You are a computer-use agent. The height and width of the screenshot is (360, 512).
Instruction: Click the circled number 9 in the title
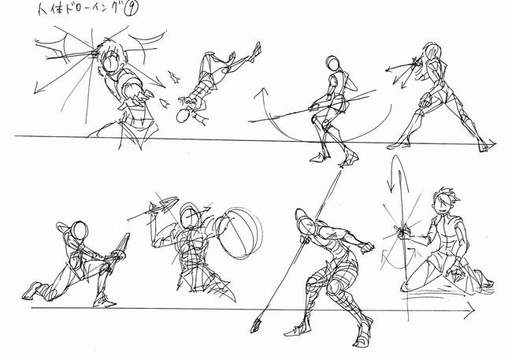click(x=132, y=9)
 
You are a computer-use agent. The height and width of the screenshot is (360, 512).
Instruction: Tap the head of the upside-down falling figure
click(x=183, y=115)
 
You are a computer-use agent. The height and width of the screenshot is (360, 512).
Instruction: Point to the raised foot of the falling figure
click(x=256, y=51)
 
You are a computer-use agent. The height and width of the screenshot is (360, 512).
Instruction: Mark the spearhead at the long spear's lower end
click(x=256, y=325)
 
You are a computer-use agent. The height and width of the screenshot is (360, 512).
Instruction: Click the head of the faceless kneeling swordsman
click(x=80, y=230)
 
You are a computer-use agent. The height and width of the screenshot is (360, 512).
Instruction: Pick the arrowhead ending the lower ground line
click(x=470, y=309)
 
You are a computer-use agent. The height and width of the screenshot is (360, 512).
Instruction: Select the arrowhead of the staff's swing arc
click(x=262, y=92)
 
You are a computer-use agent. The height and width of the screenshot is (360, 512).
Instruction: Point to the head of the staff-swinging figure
click(x=332, y=63)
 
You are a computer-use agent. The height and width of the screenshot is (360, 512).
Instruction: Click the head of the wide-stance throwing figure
click(x=432, y=52)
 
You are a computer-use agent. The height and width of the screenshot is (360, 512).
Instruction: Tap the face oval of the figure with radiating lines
click(x=111, y=62)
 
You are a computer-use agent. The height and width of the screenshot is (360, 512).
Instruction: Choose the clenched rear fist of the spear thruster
click(x=366, y=247)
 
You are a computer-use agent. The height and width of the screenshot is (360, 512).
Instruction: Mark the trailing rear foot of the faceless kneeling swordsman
click(x=32, y=291)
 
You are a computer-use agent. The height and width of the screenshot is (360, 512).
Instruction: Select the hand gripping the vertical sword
click(x=403, y=230)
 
